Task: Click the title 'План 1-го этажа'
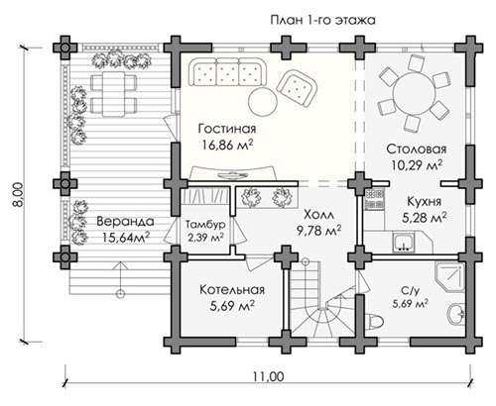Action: pos(322,20)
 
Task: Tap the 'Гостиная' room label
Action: pos(227,129)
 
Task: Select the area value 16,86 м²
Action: pos(227,145)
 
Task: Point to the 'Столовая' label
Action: pos(417,149)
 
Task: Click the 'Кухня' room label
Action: pos(425,201)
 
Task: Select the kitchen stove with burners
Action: pos(374,200)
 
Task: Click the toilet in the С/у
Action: pos(374,321)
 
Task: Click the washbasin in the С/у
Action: pos(456,313)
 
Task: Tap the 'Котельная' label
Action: pos(232,290)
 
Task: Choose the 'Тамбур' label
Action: pos(205,225)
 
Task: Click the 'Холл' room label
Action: pos(318,215)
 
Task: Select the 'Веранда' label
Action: pos(125,221)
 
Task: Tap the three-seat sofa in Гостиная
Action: pos(228,72)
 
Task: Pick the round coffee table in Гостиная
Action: pos(263,101)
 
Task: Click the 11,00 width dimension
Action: pos(268,376)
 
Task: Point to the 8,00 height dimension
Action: pos(19,195)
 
